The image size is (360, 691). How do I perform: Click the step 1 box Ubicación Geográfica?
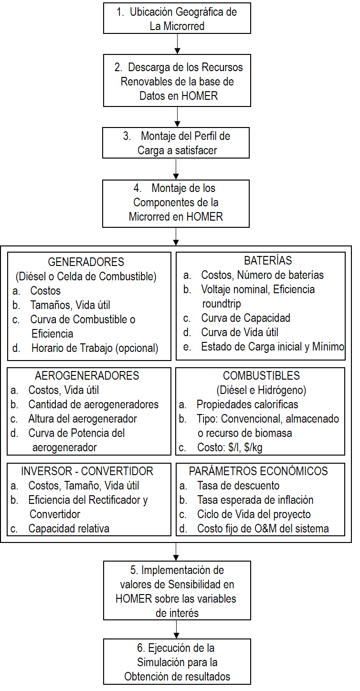pyautogui.click(x=177, y=19)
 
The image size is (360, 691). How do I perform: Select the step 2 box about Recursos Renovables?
pyautogui.click(x=177, y=81)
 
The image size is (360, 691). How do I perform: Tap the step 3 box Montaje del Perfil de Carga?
pyautogui.click(x=176, y=143)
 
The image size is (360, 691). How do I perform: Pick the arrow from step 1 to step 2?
pyautogui.click(x=177, y=44)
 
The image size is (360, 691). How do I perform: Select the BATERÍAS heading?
pyautogui.click(x=261, y=261)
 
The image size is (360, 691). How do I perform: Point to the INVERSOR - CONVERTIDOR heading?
pyautogui.click(x=87, y=471)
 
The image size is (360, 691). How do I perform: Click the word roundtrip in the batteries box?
pyautogui.click(x=222, y=303)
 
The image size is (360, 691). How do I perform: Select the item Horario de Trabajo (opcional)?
pyautogui.click(x=95, y=348)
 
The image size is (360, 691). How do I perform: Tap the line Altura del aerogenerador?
pyautogui.click(x=82, y=419)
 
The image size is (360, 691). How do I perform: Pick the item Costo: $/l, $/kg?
pyautogui.click(x=229, y=447)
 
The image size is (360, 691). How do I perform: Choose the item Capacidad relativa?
pyautogui.click(x=68, y=529)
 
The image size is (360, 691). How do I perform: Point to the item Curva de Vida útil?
pyautogui.click(x=239, y=332)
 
